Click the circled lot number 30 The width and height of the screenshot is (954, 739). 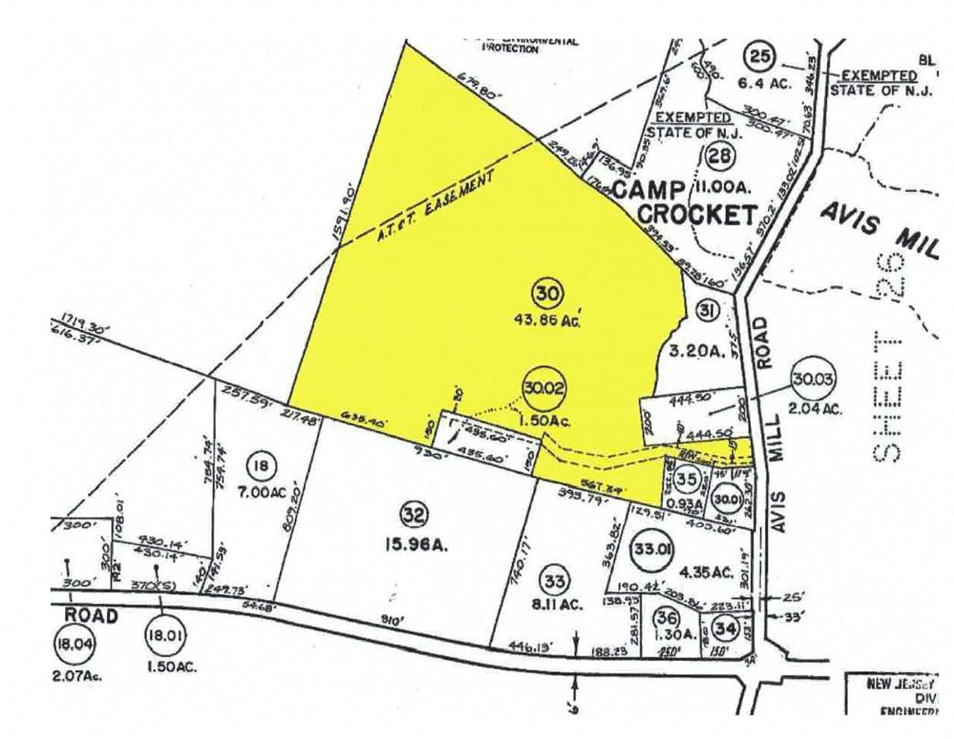547,293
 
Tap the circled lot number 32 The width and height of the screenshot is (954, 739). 414,516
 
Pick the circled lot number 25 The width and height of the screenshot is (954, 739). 759,57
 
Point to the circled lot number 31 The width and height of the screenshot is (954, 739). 708,310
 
